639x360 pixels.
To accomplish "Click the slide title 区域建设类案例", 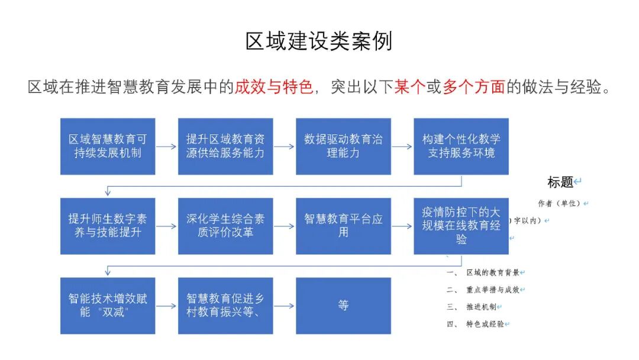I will coord(319,41).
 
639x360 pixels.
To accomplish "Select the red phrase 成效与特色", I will coord(273,87).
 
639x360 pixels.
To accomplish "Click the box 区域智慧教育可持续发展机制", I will coord(108,146).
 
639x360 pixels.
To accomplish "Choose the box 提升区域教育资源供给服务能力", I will coord(225,146).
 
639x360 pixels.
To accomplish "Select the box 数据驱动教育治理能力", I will coord(343,146).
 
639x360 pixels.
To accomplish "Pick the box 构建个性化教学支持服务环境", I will coord(461,146).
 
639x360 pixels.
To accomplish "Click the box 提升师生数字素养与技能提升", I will coord(108,226).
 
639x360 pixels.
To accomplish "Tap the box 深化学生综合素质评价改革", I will coord(225,226).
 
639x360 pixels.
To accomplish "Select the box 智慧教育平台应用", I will coord(343,226).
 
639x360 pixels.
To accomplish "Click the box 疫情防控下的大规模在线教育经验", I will coord(461,226).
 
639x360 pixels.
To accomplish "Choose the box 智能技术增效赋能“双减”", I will coord(108,305).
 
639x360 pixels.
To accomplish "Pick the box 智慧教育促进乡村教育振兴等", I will coord(225,305).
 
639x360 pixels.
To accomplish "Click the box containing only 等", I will coord(343,305).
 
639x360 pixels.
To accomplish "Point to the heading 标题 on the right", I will coord(560,182).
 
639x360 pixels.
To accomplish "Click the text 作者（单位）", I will coord(559,203).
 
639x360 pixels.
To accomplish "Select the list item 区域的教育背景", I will coord(493,272).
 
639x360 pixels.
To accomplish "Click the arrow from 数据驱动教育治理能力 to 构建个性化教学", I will coord(402,146).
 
